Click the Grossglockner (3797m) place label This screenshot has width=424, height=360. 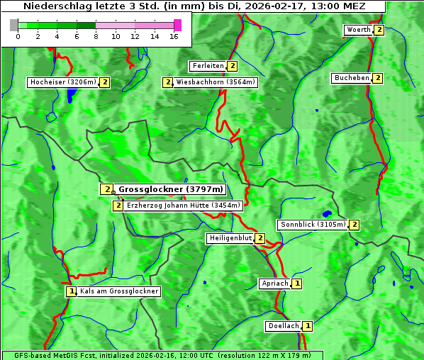click(170, 189)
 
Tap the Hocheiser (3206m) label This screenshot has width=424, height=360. click(63, 82)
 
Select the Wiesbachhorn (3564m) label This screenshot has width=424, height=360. click(216, 82)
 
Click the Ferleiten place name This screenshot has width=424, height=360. click(208, 66)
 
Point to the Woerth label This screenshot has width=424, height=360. click(358, 30)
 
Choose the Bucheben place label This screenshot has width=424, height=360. click(352, 78)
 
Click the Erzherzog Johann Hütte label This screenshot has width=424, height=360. click(184, 206)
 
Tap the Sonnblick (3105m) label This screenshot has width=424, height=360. click(313, 225)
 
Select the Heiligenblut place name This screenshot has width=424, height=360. click(230, 238)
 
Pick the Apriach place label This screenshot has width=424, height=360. click(275, 283)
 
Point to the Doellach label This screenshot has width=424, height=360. click(283, 326)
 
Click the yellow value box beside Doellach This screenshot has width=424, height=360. click(307, 326)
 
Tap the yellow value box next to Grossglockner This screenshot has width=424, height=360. click(106, 189)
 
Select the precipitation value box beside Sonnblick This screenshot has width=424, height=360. click(354, 225)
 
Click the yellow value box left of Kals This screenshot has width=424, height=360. click(70, 291)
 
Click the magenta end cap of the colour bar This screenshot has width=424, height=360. click(177, 25)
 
